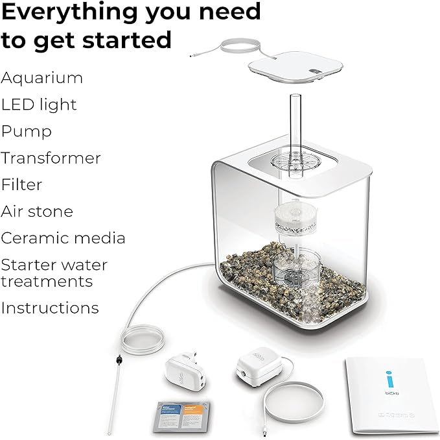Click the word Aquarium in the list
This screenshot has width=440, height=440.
(x=42, y=79)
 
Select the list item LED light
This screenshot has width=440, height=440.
(x=39, y=104)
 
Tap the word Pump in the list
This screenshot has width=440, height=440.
(x=27, y=132)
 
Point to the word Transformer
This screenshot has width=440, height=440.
(x=51, y=158)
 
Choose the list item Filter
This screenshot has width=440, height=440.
(x=21, y=185)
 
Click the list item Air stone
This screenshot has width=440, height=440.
(x=37, y=212)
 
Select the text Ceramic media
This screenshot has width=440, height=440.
(x=63, y=238)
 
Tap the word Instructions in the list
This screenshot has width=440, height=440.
(x=50, y=308)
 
